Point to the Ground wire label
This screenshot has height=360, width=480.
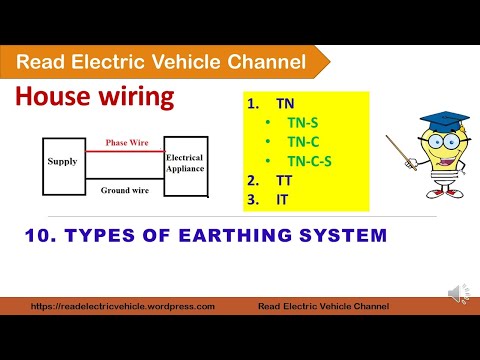click(125, 189)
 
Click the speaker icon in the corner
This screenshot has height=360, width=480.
click(456, 293)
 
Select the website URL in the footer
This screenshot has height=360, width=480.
click(122, 307)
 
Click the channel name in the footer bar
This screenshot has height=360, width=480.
click(323, 307)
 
